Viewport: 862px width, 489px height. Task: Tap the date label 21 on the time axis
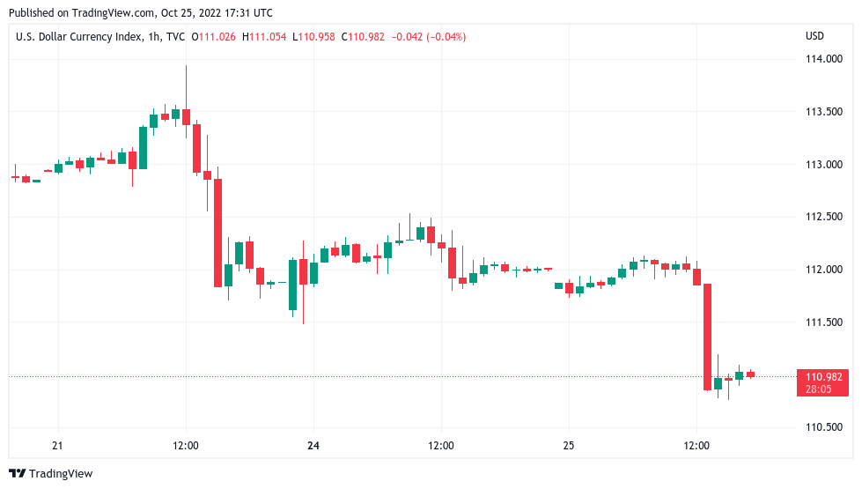pyautogui.click(x=58, y=446)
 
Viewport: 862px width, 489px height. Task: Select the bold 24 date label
pyautogui.click(x=313, y=446)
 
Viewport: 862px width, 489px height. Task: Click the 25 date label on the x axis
pyautogui.click(x=569, y=446)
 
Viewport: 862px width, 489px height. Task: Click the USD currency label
pyautogui.click(x=814, y=36)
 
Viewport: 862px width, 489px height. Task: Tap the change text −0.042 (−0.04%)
pyautogui.click(x=428, y=36)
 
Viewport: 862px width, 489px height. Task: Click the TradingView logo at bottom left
pyautogui.click(x=50, y=474)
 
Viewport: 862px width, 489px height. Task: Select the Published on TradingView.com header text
pyautogui.click(x=141, y=13)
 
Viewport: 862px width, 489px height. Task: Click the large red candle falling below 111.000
pyautogui.click(x=707, y=337)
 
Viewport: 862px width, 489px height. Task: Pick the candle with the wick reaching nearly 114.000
pyautogui.click(x=186, y=115)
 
